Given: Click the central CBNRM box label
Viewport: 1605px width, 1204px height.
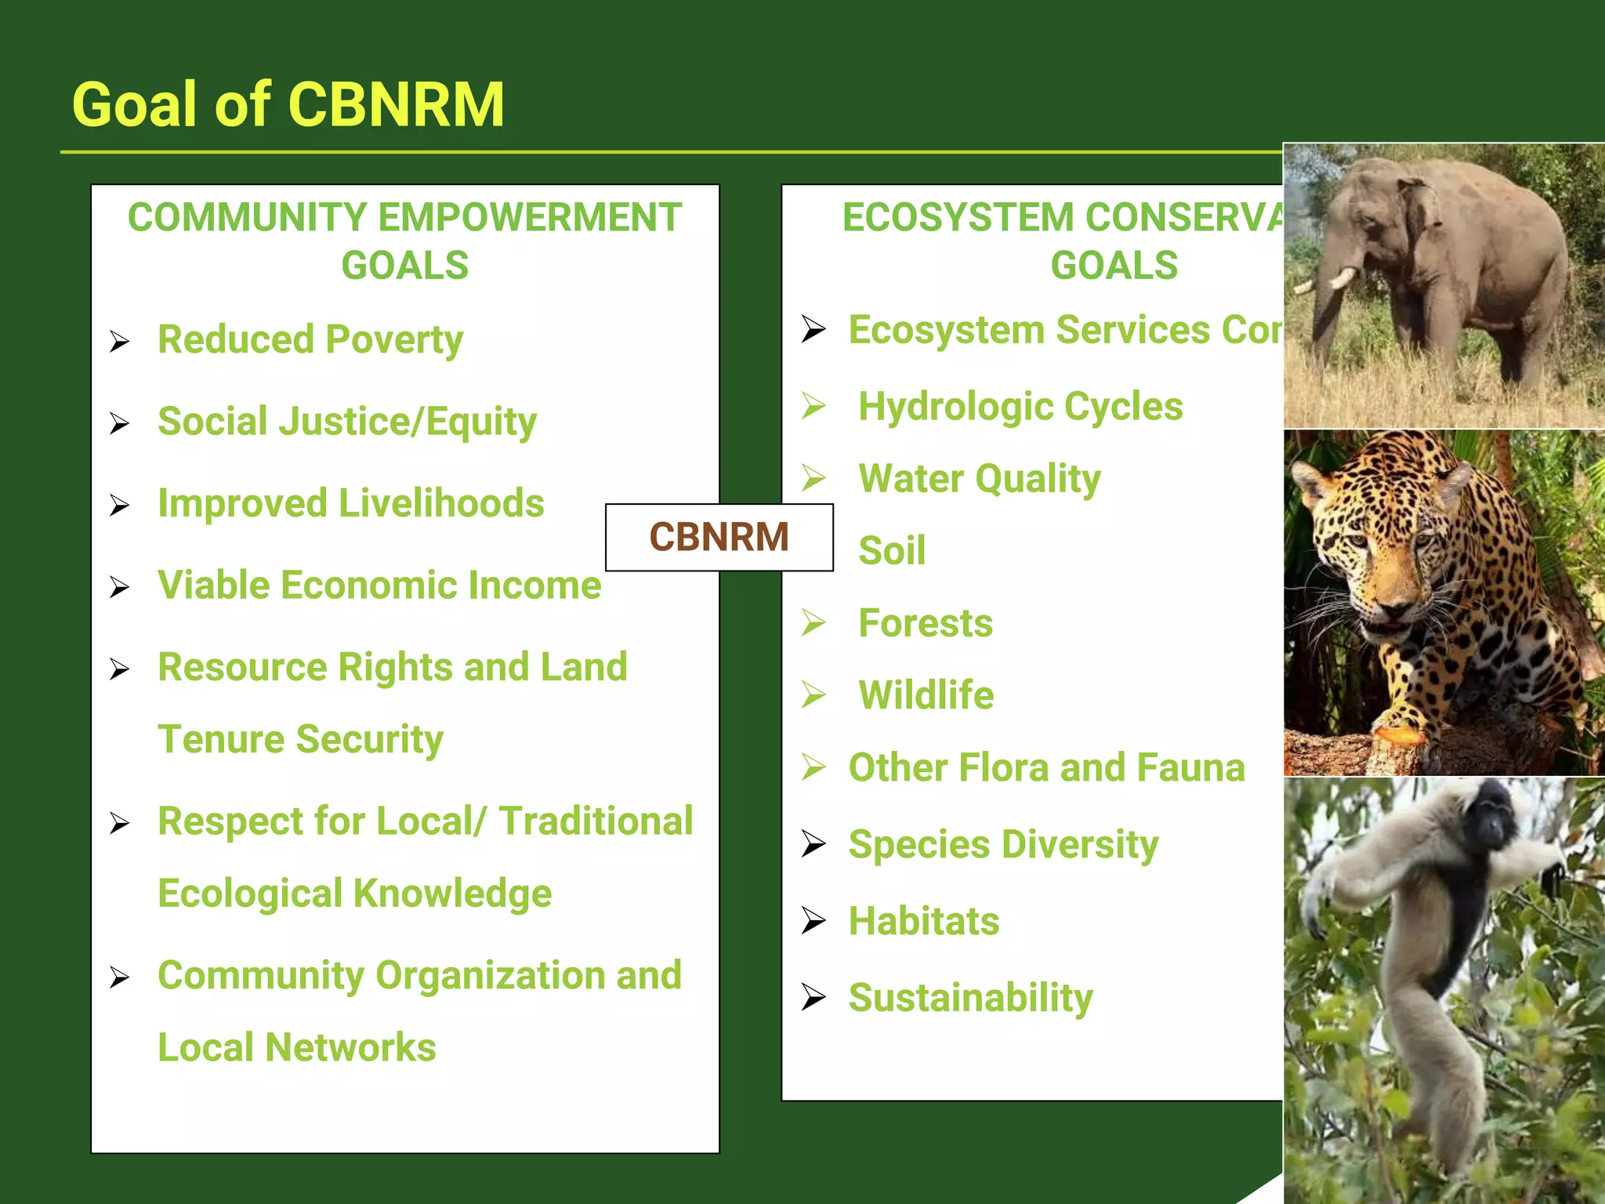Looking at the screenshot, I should [x=719, y=538].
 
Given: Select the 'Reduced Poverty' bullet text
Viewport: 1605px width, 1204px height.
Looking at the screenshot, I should [x=310, y=340].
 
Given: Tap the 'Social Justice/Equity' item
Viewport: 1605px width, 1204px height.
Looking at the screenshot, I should [x=347, y=422].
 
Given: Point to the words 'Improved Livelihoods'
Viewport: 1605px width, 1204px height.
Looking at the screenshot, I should [x=350, y=504].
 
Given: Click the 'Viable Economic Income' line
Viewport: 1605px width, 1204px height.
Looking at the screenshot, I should [x=379, y=586].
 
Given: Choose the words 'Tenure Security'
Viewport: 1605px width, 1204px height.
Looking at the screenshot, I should [x=301, y=740].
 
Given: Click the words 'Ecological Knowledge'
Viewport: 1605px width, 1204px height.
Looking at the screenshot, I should [x=354, y=894].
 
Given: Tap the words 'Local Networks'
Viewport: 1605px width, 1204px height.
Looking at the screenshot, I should [x=297, y=1048].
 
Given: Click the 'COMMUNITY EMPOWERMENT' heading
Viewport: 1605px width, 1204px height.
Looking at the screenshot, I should [x=404, y=217].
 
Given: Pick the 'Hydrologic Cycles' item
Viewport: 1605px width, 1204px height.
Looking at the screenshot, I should [x=1020, y=407].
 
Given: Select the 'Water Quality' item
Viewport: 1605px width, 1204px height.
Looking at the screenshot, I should [x=980, y=479].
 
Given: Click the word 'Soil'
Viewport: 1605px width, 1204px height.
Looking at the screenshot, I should [x=892, y=550].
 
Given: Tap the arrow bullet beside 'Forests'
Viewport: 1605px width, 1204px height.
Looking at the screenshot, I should [x=813, y=623].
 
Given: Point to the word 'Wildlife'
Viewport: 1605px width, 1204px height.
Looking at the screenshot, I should [x=926, y=695].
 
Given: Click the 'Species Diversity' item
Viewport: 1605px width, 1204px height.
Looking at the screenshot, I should [x=1003, y=845].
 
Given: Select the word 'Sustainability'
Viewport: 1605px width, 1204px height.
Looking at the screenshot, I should [x=970, y=998].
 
